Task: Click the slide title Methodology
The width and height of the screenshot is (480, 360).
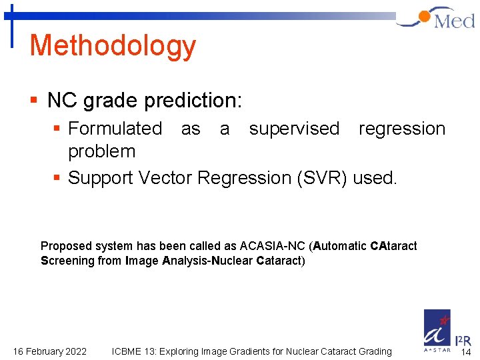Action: pyautogui.click(x=113, y=46)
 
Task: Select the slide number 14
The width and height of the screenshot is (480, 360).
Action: pyautogui.click(x=466, y=352)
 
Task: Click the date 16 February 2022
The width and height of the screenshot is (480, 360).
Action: pyautogui.click(x=50, y=351)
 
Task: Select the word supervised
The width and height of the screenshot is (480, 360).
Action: pyautogui.click(x=294, y=128)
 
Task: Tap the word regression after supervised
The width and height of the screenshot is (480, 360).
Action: pyautogui.click(x=402, y=128)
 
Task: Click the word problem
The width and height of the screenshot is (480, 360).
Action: pyautogui.click(x=101, y=151)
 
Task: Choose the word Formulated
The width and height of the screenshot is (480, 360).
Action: pyautogui.click(x=115, y=128)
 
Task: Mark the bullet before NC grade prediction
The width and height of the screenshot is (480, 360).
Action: pyautogui.click(x=34, y=101)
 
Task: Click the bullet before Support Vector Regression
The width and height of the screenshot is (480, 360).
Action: pyautogui.click(x=58, y=178)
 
